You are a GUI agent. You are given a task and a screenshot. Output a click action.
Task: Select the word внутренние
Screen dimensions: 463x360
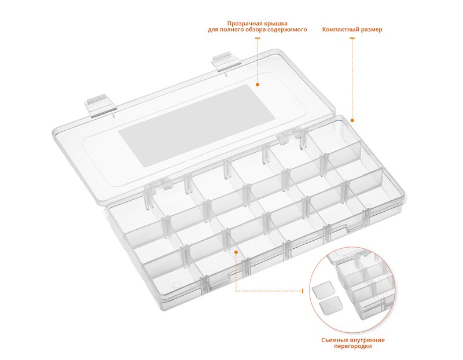(x=366, y=340)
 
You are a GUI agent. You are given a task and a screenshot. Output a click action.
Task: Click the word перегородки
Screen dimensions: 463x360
(x=353, y=347)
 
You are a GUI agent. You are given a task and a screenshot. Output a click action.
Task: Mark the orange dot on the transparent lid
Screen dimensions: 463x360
(x=258, y=85)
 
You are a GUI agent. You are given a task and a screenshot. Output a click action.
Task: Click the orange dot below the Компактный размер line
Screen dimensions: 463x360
(x=352, y=120)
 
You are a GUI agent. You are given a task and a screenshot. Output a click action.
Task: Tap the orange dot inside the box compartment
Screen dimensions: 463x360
(x=236, y=252)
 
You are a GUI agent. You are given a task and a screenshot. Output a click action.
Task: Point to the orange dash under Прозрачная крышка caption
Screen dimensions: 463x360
(x=258, y=38)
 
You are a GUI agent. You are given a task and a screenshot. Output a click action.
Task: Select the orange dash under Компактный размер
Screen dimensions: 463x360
(x=352, y=38)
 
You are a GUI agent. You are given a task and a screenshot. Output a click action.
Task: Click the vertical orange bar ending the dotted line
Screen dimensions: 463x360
(x=302, y=291)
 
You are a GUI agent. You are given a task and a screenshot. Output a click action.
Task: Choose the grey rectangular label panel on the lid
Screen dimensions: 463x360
(x=197, y=126)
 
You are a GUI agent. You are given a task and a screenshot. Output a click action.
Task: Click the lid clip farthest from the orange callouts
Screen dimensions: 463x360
(x=101, y=105)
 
